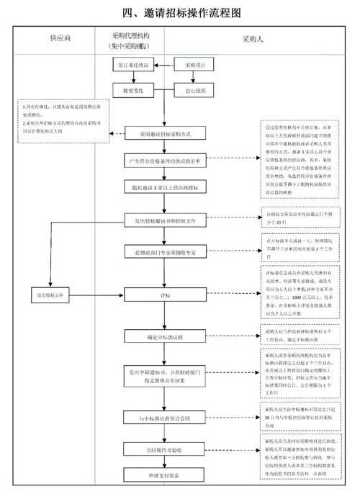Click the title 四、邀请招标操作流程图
point(180,12)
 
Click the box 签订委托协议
point(133,66)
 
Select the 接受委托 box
point(133,91)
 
